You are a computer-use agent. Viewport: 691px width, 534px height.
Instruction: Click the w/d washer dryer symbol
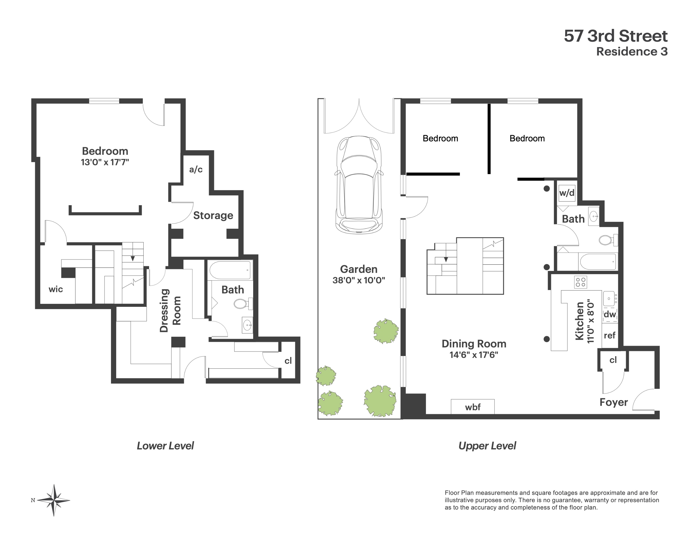(x=567, y=193)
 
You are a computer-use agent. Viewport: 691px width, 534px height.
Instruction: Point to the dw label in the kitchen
(x=610, y=314)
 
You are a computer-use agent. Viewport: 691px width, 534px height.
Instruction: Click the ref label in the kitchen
(x=609, y=335)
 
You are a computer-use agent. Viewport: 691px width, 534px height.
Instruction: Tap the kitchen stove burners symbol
(x=580, y=282)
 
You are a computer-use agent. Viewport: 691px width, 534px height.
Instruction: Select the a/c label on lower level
(x=196, y=170)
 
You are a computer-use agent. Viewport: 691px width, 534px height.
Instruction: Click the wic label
(x=56, y=289)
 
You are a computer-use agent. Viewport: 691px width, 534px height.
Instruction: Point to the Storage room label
(x=213, y=215)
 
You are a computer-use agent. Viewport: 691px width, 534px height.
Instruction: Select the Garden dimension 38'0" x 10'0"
(x=358, y=280)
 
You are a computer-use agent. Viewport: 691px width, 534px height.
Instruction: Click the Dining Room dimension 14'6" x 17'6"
(x=474, y=355)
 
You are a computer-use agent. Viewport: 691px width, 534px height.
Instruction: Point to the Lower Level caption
(x=165, y=446)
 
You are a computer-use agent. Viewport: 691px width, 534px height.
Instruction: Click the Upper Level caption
(x=487, y=446)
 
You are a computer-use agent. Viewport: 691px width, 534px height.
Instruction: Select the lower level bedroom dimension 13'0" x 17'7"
(x=105, y=162)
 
